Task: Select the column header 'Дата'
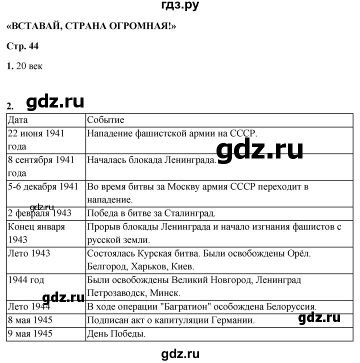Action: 18,120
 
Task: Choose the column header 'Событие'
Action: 106,120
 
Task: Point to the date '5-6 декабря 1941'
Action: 43,187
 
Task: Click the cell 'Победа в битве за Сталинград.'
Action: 151,213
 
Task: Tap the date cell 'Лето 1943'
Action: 28,253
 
